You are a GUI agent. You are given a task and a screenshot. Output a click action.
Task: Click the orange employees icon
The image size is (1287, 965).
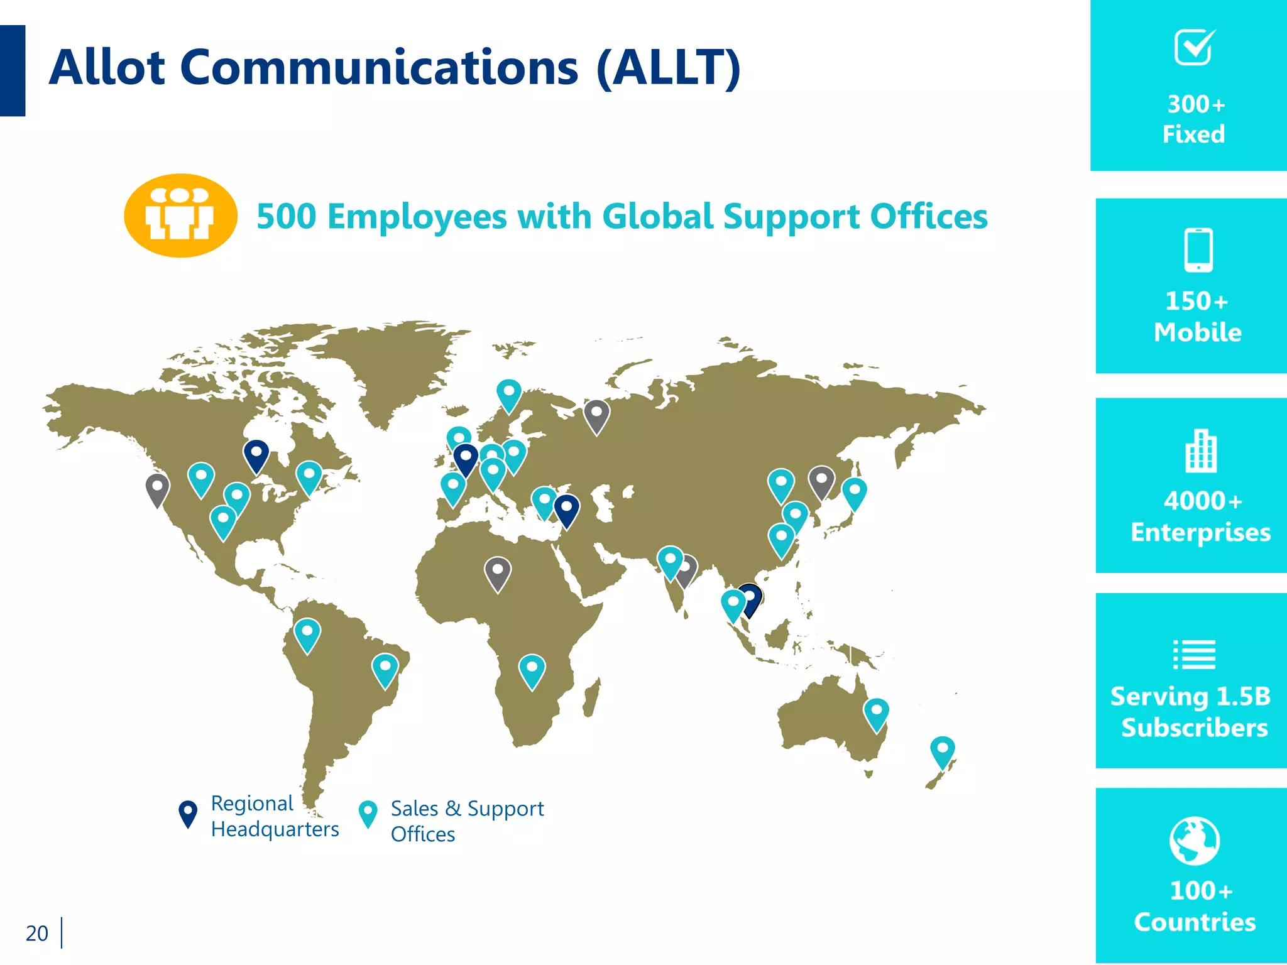pyautogui.click(x=180, y=215)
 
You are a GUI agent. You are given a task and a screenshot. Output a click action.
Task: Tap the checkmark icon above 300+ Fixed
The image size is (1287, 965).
pyautogui.click(x=1194, y=47)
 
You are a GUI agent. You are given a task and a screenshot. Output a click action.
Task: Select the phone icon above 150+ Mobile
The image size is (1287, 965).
pyautogui.click(x=1198, y=250)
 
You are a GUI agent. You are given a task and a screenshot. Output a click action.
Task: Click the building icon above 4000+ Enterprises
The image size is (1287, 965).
pyautogui.click(x=1201, y=450)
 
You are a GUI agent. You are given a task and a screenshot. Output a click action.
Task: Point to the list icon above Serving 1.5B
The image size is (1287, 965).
pyautogui.click(x=1194, y=655)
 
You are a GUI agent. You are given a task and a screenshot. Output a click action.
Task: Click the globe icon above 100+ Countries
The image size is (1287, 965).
pyautogui.click(x=1195, y=841)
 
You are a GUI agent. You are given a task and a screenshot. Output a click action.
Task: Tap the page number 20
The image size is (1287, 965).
pyautogui.click(x=37, y=933)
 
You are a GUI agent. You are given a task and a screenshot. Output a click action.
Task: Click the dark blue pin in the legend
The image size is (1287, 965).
pyautogui.click(x=188, y=813)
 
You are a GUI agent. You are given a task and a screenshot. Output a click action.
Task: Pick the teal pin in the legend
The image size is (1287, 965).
pyautogui.click(x=368, y=813)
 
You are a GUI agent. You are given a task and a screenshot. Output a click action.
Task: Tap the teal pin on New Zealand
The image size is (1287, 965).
pyautogui.click(x=942, y=751)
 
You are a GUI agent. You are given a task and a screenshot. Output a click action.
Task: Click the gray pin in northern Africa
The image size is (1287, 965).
pyautogui.click(x=498, y=572)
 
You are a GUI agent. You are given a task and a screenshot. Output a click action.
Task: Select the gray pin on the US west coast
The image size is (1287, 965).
pyautogui.click(x=157, y=489)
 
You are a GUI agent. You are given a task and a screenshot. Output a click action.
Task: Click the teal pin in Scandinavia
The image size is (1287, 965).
pyautogui.click(x=508, y=394)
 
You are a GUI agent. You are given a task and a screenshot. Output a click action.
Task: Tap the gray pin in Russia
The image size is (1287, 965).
pyautogui.click(x=596, y=415)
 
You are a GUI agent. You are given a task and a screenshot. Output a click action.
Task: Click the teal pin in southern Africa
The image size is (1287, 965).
pyautogui.click(x=532, y=670)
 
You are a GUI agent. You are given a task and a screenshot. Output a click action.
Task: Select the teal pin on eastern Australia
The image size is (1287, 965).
pyautogui.click(x=876, y=713)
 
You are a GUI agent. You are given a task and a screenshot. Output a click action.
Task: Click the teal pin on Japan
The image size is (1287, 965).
pyautogui.click(x=854, y=492)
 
